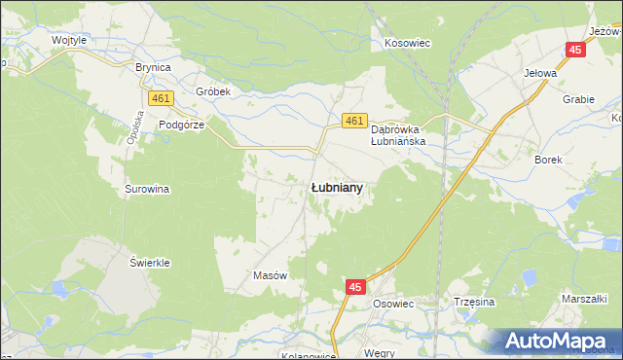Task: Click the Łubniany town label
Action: (x=337, y=188)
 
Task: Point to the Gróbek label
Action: (x=211, y=91)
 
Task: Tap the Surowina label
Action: (x=148, y=189)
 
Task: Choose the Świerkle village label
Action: (x=150, y=264)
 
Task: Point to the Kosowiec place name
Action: (x=408, y=44)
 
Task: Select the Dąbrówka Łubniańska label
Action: (x=406, y=133)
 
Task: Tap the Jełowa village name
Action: (x=540, y=73)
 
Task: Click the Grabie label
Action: (x=578, y=98)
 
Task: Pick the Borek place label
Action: (x=549, y=159)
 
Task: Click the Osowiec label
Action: (x=394, y=303)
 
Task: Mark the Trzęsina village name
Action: (x=474, y=302)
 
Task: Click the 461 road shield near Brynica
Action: (x=162, y=98)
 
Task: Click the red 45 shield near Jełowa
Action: (x=576, y=51)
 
